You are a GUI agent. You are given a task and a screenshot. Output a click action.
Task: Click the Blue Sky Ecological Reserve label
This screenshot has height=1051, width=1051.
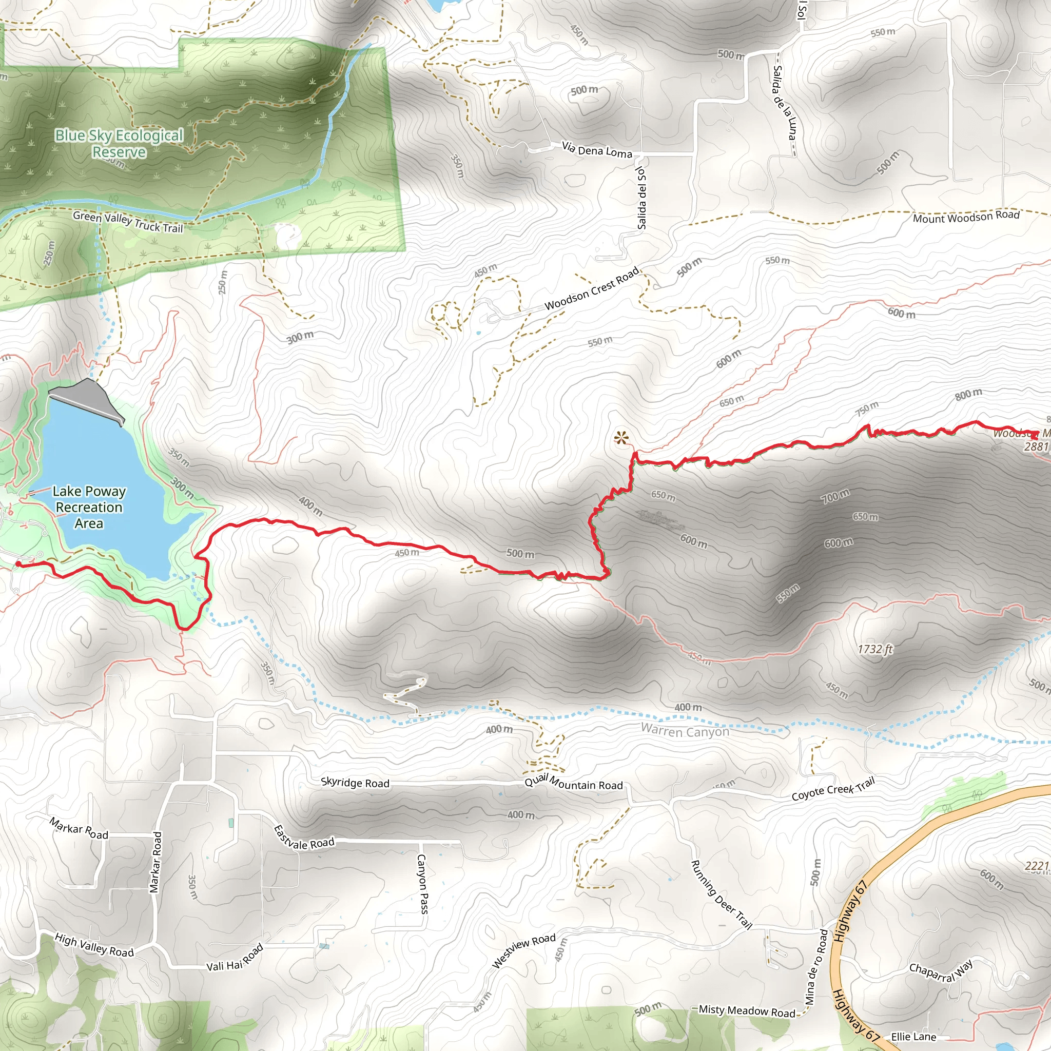pyautogui.click(x=119, y=143)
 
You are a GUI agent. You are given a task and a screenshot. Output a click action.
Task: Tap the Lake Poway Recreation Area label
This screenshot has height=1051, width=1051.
pyautogui.click(x=89, y=507)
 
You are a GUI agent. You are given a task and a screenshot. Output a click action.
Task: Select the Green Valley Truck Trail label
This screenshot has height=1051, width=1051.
pyautogui.click(x=128, y=222)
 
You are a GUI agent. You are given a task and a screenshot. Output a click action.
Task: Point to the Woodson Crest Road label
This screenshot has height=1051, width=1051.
pyautogui.click(x=592, y=289)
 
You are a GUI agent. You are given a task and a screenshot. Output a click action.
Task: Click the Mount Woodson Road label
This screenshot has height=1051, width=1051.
pyautogui.click(x=966, y=217)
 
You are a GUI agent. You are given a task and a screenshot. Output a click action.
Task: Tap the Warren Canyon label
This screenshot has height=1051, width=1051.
pyautogui.click(x=685, y=731)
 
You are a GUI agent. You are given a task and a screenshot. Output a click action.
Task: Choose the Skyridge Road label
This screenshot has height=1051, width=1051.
pyautogui.click(x=355, y=783)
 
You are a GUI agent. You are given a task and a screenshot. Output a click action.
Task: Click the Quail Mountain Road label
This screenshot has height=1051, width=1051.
pyautogui.click(x=573, y=783)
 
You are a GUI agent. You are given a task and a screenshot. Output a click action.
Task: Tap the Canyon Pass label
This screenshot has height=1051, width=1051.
pyautogui.click(x=422, y=884)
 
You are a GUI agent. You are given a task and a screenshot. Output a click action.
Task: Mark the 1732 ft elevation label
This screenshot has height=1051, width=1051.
pyautogui.click(x=875, y=649)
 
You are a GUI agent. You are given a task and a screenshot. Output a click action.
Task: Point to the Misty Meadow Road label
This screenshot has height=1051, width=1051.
pyautogui.click(x=746, y=1011)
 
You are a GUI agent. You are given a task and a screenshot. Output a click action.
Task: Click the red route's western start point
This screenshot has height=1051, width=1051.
pyautogui.click(x=18, y=564)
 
